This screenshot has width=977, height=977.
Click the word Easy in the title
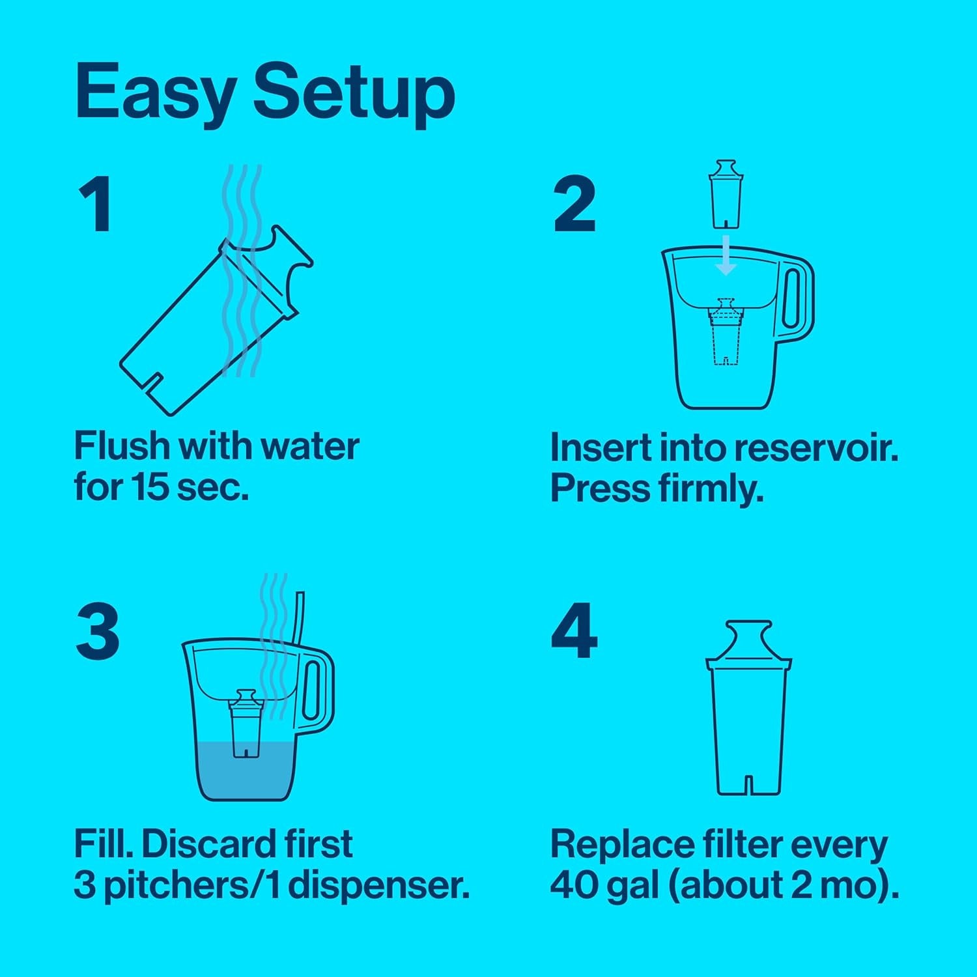[x=155, y=92]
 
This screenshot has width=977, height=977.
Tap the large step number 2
[x=574, y=205]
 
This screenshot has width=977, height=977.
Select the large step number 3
[x=98, y=631]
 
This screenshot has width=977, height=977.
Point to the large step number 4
[x=574, y=631]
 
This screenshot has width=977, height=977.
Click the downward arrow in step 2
[x=725, y=257]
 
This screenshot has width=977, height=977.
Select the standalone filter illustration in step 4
[x=748, y=710]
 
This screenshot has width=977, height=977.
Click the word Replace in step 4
[x=622, y=845]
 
